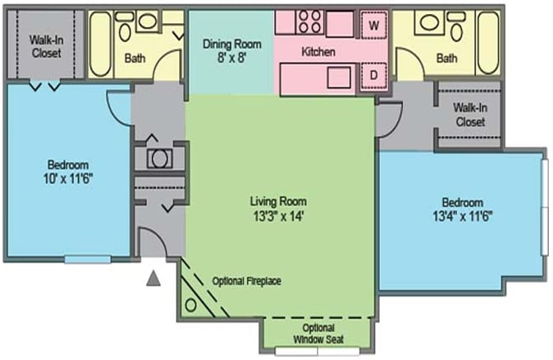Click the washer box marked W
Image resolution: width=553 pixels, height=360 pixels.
pos(374,25)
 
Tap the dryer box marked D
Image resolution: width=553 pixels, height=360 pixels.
pos(374,75)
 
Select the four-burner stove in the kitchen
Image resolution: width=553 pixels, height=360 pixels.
pos(310,22)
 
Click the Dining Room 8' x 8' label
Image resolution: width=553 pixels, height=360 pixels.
pos(232,51)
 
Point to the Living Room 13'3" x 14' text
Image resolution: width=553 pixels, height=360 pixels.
pos(278,209)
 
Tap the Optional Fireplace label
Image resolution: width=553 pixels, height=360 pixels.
pos(247,282)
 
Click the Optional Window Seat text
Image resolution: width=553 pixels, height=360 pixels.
pos(318,334)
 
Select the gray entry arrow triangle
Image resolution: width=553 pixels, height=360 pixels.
pos(154,278)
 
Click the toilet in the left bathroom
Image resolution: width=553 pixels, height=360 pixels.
pos(125,27)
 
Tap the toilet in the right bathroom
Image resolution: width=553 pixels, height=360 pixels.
pos(456,27)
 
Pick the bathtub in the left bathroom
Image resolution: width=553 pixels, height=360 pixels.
pos(101,44)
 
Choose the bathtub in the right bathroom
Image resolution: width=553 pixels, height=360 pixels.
pos(488,43)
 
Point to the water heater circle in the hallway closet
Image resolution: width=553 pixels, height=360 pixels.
pos(159,159)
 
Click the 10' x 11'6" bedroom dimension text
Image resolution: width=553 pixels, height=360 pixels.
pos(68,178)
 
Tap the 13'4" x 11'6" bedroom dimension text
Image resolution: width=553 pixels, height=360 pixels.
pos(462,216)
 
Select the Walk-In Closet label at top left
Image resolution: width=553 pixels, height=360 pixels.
pos(46,46)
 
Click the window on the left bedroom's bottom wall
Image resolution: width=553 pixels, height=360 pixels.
pos(87,259)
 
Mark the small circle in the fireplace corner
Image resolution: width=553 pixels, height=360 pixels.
pos(191,305)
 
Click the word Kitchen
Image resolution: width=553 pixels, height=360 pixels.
pos(318,52)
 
